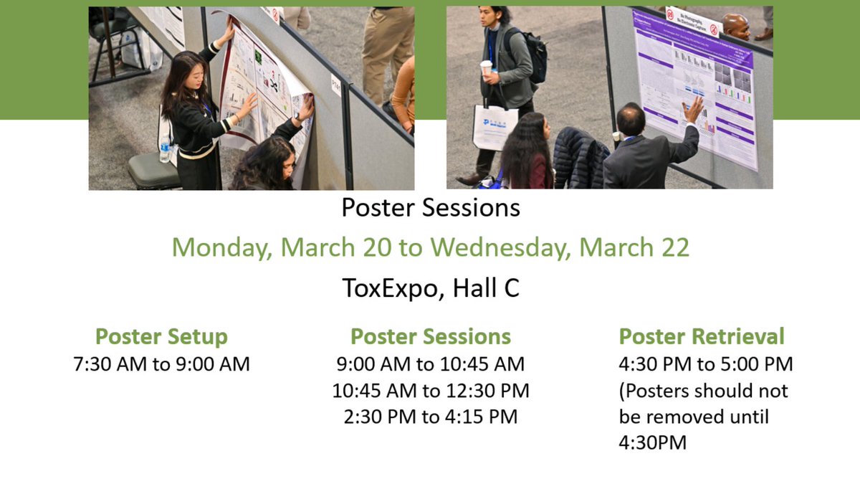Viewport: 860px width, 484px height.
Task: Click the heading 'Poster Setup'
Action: pyautogui.click(x=161, y=336)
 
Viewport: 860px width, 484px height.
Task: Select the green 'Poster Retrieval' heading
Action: pyautogui.click(x=702, y=336)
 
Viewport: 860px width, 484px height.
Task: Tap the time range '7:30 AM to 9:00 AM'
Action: pyautogui.click(x=161, y=364)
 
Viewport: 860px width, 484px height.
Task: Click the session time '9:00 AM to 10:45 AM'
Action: pyautogui.click(x=430, y=364)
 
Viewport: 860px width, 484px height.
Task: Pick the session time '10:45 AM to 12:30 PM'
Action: pyautogui.click(x=430, y=391)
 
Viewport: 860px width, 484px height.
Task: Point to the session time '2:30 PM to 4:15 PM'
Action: pyautogui.click(x=430, y=417)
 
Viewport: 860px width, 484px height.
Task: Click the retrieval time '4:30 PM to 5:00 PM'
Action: pyautogui.click(x=706, y=364)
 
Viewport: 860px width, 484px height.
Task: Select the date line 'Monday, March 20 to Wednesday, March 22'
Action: pyautogui.click(x=430, y=247)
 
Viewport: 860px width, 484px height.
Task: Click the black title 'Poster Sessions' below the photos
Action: pyautogui.click(x=430, y=208)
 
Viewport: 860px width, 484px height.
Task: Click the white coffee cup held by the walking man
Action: pyautogui.click(x=486, y=67)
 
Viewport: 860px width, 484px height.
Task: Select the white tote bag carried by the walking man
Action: pyautogui.click(x=494, y=127)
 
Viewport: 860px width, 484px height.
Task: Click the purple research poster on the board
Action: pyautogui.click(x=695, y=86)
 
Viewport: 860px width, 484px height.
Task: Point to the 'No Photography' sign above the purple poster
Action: pyautogui.click(x=692, y=22)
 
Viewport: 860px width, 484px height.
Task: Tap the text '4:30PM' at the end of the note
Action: pyautogui.click(x=652, y=443)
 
